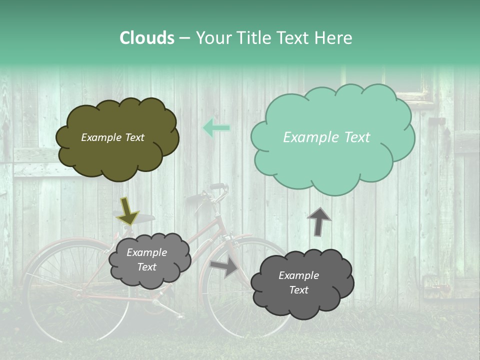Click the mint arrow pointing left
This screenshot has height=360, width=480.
pyautogui.click(x=216, y=128)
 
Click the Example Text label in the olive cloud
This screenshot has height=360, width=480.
pyautogui.click(x=112, y=137)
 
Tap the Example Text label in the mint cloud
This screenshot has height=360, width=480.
pyautogui.click(x=326, y=137)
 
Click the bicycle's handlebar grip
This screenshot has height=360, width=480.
pyautogui.click(x=217, y=186)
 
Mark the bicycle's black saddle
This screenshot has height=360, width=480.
pyautogui.click(x=141, y=218)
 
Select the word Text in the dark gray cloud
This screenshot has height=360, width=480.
pyautogui.click(x=298, y=290)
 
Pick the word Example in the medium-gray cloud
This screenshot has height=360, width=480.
pyautogui.click(x=146, y=253)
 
